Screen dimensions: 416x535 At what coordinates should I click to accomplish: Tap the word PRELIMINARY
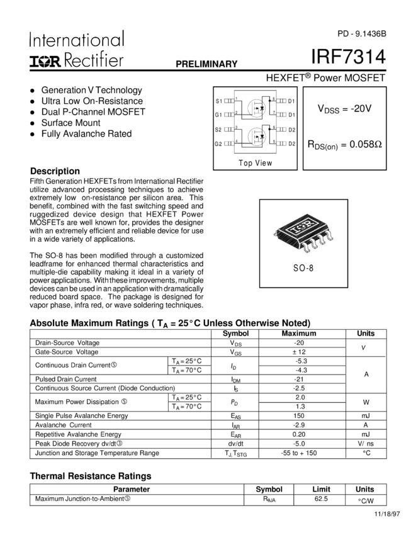click(x=206, y=64)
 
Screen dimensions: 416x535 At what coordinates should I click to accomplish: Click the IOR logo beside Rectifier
click(x=45, y=60)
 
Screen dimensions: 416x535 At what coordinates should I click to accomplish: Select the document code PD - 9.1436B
click(x=362, y=34)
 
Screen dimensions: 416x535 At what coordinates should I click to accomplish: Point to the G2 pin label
click(x=218, y=144)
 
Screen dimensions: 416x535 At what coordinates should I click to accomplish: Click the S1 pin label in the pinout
click(x=219, y=101)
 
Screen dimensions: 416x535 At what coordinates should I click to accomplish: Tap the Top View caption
click(x=256, y=163)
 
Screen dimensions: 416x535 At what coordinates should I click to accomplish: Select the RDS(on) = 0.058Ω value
click(x=345, y=145)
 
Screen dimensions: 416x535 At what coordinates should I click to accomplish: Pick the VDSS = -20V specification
click(x=344, y=109)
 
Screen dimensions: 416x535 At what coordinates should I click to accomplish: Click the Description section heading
click(x=55, y=171)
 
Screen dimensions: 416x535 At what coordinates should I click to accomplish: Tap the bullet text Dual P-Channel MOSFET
click(x=93, y=112)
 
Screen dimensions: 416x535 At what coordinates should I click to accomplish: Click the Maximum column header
click(x=299, y=334)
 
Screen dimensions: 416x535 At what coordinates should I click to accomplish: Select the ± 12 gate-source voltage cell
click(x=299, y=352)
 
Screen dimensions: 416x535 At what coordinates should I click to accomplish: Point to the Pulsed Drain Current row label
click(x=66, y=379)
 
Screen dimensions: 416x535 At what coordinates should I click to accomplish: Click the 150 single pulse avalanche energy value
click(x=298, y=415)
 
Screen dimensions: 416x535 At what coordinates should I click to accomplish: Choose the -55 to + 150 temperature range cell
click(x=298, y=453)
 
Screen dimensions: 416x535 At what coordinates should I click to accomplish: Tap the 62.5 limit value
click(x=321, y=499)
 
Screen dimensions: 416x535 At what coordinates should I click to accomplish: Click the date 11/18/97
click(x=387, y=514)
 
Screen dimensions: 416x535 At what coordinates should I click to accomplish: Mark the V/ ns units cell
click(x=366, y=444)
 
